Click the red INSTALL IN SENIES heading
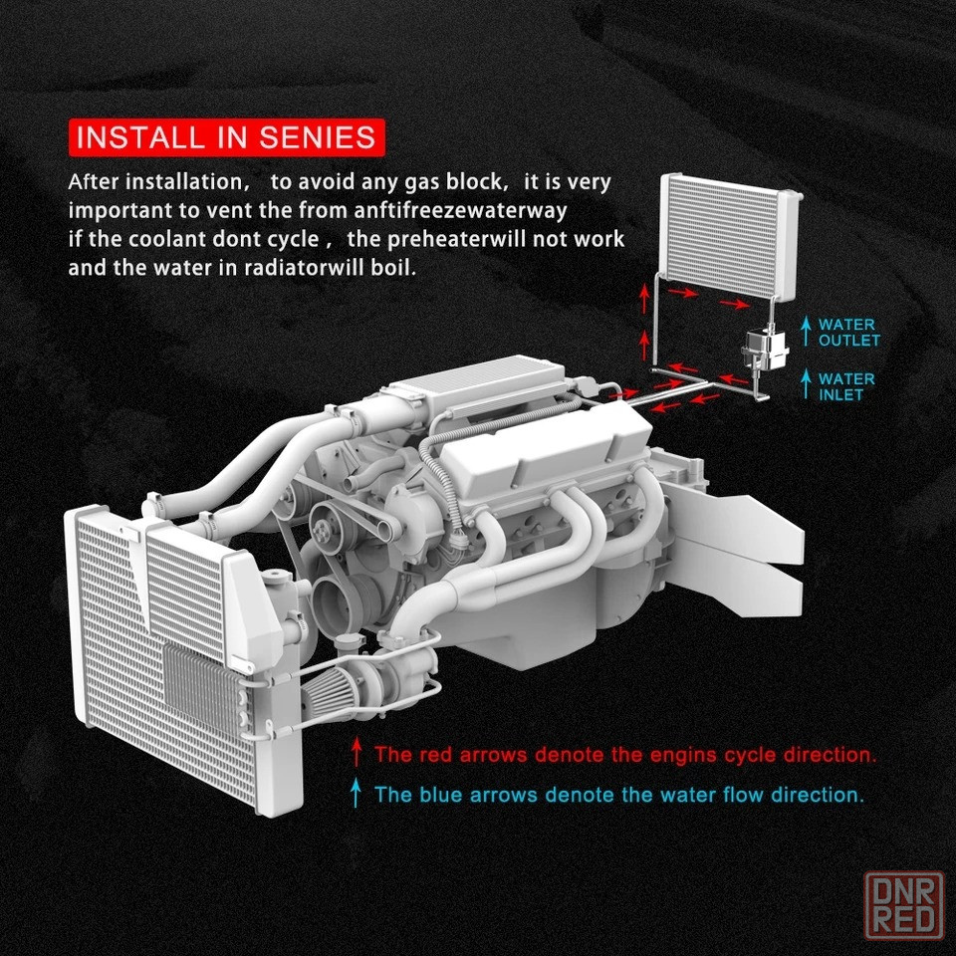pyautogui.click(x=226, y=137)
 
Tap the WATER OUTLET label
pyautogui.click(x=849, y=333)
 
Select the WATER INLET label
pyautogui.click(x=846, y=386)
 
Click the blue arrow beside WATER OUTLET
pyautogui.click(x=806, y=331)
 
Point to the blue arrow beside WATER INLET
pyautogui.click(x=806, y=384)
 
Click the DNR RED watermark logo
pyautogui.click(x=904, y=905)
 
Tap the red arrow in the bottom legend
pyautogui.click(x=357, y=752)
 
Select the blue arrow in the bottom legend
pyautogui.click(x=357, y=793)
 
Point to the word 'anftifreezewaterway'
pyautogui.click(x=460, y=210)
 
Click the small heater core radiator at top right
pyautogui.click(x=731, y=236)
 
